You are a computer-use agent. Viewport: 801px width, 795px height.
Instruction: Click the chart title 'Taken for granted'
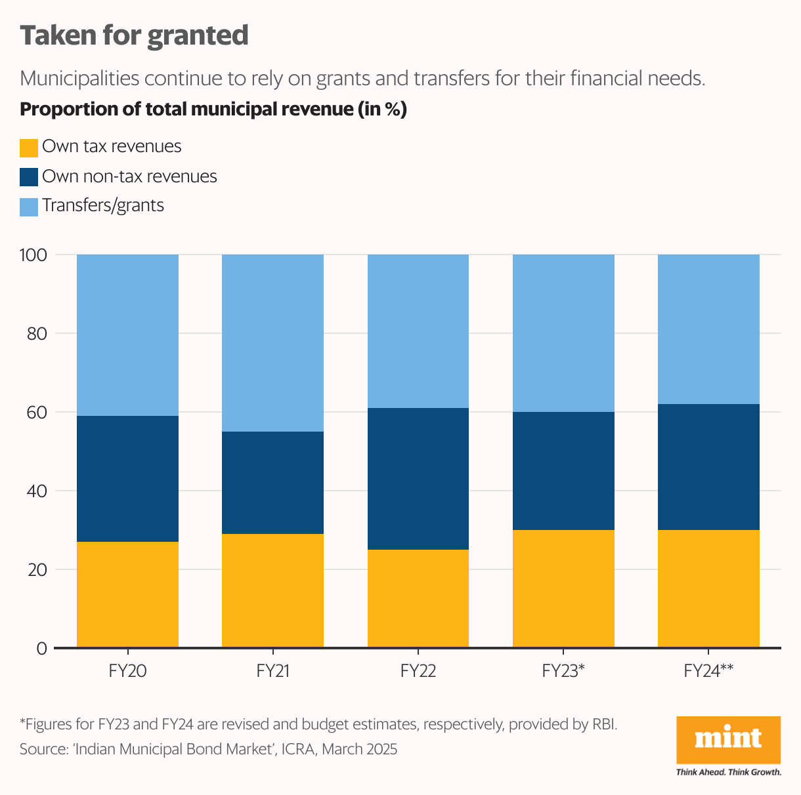[x=134, y=36]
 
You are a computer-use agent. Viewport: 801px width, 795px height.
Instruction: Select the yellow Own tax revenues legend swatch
[x=29, y=148]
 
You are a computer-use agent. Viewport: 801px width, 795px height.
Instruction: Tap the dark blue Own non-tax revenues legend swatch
[x=29, y=177]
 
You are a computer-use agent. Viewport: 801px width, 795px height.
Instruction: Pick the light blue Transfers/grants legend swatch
[x=29, y=207]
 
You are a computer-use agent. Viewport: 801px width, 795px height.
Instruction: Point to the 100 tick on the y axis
[x=33, y=255]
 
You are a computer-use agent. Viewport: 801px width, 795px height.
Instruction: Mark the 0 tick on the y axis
[x=41, y=649]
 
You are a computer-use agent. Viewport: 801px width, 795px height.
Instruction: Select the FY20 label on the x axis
[x=127, y=671]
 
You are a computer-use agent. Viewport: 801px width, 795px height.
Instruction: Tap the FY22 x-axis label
[x=418, y=671]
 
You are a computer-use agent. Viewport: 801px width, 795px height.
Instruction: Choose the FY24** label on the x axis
[x=708, y=671]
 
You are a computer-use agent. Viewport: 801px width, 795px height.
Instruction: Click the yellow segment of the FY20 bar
[x=127, y=594]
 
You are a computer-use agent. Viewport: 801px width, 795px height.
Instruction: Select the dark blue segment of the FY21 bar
[x=272, y=483]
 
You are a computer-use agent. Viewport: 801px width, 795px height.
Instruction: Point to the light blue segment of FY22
[x=418, y=331]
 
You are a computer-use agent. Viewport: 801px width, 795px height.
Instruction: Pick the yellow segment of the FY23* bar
[x=563, y=588]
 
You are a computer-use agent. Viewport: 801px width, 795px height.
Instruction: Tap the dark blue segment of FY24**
[x=708, y=467]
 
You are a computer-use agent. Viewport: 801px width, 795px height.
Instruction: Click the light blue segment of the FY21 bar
[x=272, y=343]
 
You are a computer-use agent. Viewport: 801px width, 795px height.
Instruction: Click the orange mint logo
[x=728, y=739]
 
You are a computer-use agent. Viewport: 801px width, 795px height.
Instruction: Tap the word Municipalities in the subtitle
[x=79, y=79]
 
